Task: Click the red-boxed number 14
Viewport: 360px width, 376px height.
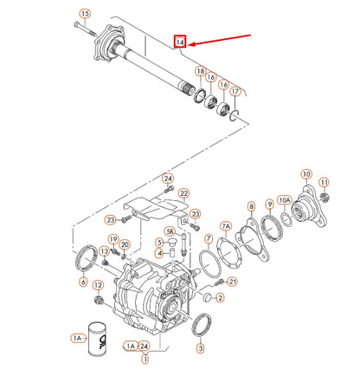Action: [x=179, y=42]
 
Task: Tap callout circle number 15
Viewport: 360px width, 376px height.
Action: [x=84, y=13]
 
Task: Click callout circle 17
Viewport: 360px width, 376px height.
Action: [x=235, y=91]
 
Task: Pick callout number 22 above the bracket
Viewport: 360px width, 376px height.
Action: [x=183, y=194]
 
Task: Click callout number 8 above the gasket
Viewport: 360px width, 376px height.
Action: [x=251, y=206]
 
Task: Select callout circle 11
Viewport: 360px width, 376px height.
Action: [x=325, y=182]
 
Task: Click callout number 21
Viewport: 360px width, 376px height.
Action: [x=231, y=282]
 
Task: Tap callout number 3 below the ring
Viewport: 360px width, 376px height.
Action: [x=201, y=348]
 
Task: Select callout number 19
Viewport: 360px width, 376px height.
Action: [x=112, y=238]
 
